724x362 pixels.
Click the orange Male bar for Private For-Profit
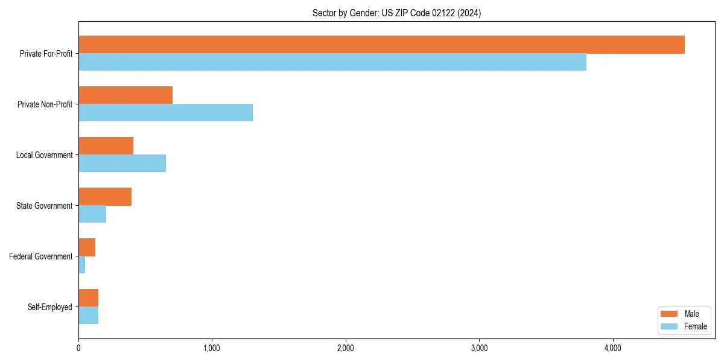[381, 45]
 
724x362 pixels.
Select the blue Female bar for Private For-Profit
[332, 62]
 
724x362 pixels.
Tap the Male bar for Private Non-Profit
[125, 95]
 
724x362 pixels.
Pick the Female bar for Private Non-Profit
[165, 113]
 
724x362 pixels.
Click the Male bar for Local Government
[106, 146]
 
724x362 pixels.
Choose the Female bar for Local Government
[122, 164]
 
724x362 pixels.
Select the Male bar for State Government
[105, 197]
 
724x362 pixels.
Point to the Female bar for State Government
[92, 214]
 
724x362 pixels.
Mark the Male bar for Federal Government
[87, 247]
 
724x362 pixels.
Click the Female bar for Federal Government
[82, 265]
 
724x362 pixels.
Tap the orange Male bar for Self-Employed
[88, 298]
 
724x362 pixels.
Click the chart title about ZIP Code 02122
[396, 13]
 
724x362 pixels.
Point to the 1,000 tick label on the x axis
[212, 348]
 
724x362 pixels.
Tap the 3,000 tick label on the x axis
[479, 348]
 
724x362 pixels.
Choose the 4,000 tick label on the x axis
[612, 348]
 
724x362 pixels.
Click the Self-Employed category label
[50, 307]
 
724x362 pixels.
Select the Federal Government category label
[41, 256]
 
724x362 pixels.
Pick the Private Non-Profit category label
[45, 104]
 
